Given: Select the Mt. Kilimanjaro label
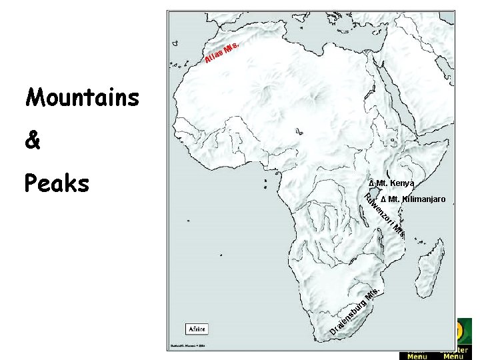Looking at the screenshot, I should (417, 199).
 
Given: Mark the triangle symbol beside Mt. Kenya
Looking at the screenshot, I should (371, 183).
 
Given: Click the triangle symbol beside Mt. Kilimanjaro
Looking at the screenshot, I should (383, 199).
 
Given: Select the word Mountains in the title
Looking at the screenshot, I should (83, 98).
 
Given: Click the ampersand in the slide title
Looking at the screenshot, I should (33, 141).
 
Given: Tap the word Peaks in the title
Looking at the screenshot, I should (57, 183).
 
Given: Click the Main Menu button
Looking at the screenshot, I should (417, 354).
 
